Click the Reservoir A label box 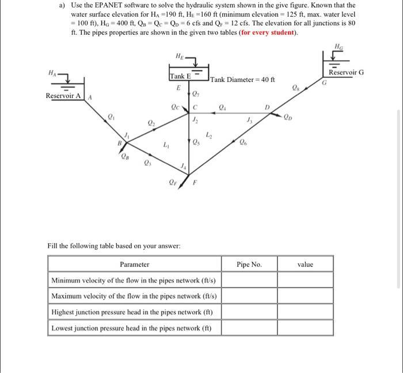coord(64,96)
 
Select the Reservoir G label coord(346,73)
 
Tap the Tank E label coord(180,77)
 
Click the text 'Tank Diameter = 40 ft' coord(243,80)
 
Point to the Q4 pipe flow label coord(224,106)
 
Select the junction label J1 coord(128,135)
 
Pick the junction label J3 coord(249,120)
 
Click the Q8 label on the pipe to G coord(296,89)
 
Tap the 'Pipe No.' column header coord(249,265)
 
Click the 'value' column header coord(305,265)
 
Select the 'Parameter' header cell coord(134,265)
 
